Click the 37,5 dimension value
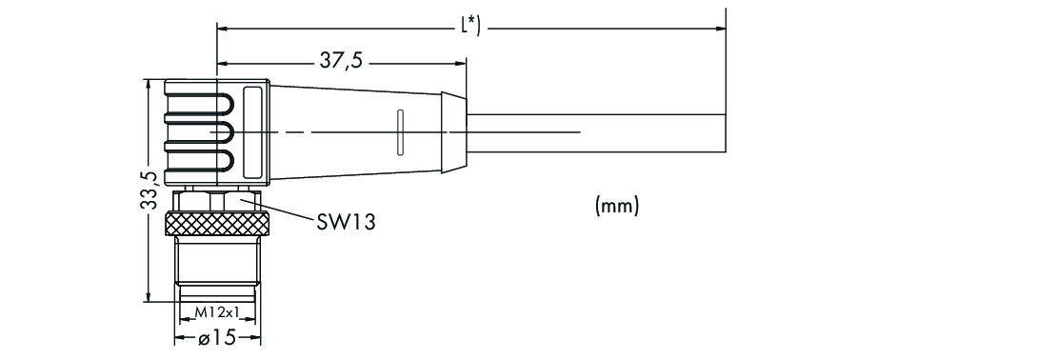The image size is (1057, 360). (341, 61)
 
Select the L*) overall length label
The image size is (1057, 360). (469, 27)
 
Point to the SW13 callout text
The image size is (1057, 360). (346, 222)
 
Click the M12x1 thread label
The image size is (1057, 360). (217, 312)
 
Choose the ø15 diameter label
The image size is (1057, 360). (218, 337)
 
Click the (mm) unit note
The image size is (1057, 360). (617, 206)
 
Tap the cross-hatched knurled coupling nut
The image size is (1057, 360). (217, 223)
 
